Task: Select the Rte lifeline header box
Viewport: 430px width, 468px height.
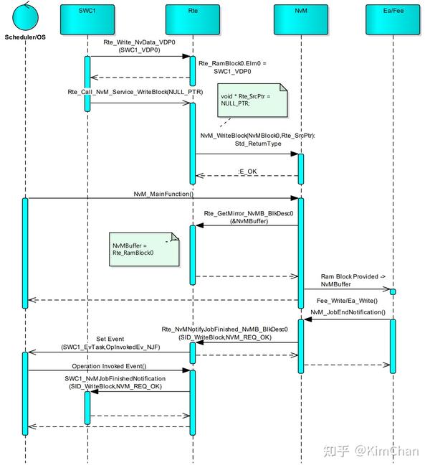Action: [192, 20]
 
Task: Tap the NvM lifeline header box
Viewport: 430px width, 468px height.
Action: [301, 20]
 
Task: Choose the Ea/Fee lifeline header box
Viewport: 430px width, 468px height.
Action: [392, 20]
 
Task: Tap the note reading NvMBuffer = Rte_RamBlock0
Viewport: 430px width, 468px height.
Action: [143, 249]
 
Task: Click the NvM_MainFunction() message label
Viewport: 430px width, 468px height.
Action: [163, 194]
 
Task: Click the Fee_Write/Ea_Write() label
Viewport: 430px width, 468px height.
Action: [347, 300]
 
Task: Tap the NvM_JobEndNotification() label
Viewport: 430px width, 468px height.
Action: [348, 313]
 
